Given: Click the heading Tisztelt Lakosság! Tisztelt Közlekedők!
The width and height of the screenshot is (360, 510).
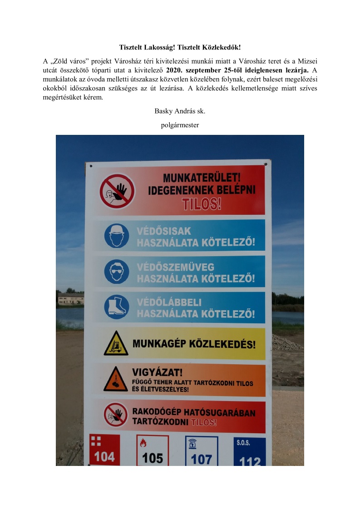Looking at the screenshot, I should (180, 47).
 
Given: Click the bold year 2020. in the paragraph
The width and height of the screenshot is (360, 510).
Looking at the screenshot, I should (176, 70).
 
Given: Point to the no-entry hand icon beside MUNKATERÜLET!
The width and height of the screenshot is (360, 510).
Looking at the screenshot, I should (117, 191).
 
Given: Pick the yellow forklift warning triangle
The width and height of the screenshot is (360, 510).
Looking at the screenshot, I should (116, 344).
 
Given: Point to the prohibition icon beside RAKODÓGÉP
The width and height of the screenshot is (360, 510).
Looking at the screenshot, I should (116, 414).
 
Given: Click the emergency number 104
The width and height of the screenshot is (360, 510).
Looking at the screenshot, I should (104, 456).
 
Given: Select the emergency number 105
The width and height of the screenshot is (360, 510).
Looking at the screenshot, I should (153, 458).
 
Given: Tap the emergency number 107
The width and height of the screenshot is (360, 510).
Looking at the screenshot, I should (201, 459).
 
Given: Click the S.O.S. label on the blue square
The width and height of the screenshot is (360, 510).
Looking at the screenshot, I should (243, 442).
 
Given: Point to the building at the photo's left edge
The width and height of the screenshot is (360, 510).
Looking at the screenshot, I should (70, 299).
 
